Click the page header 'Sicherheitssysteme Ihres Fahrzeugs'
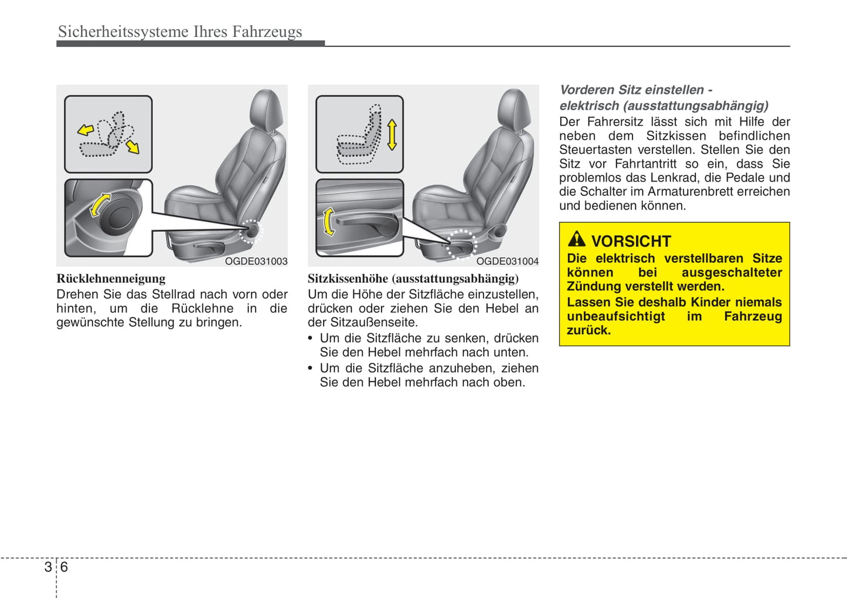(180, 32)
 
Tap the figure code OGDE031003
(256, 261)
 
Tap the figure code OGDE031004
(507, 261)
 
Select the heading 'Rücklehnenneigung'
(111, 279)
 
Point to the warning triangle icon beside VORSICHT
(577, 239)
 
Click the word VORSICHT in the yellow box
(631, 241)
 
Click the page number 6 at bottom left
(64, 567)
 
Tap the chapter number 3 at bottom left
(48, 567)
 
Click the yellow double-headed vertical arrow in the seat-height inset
(392, 134)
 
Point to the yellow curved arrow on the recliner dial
(99, 205)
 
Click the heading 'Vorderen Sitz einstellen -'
(636, 90)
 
